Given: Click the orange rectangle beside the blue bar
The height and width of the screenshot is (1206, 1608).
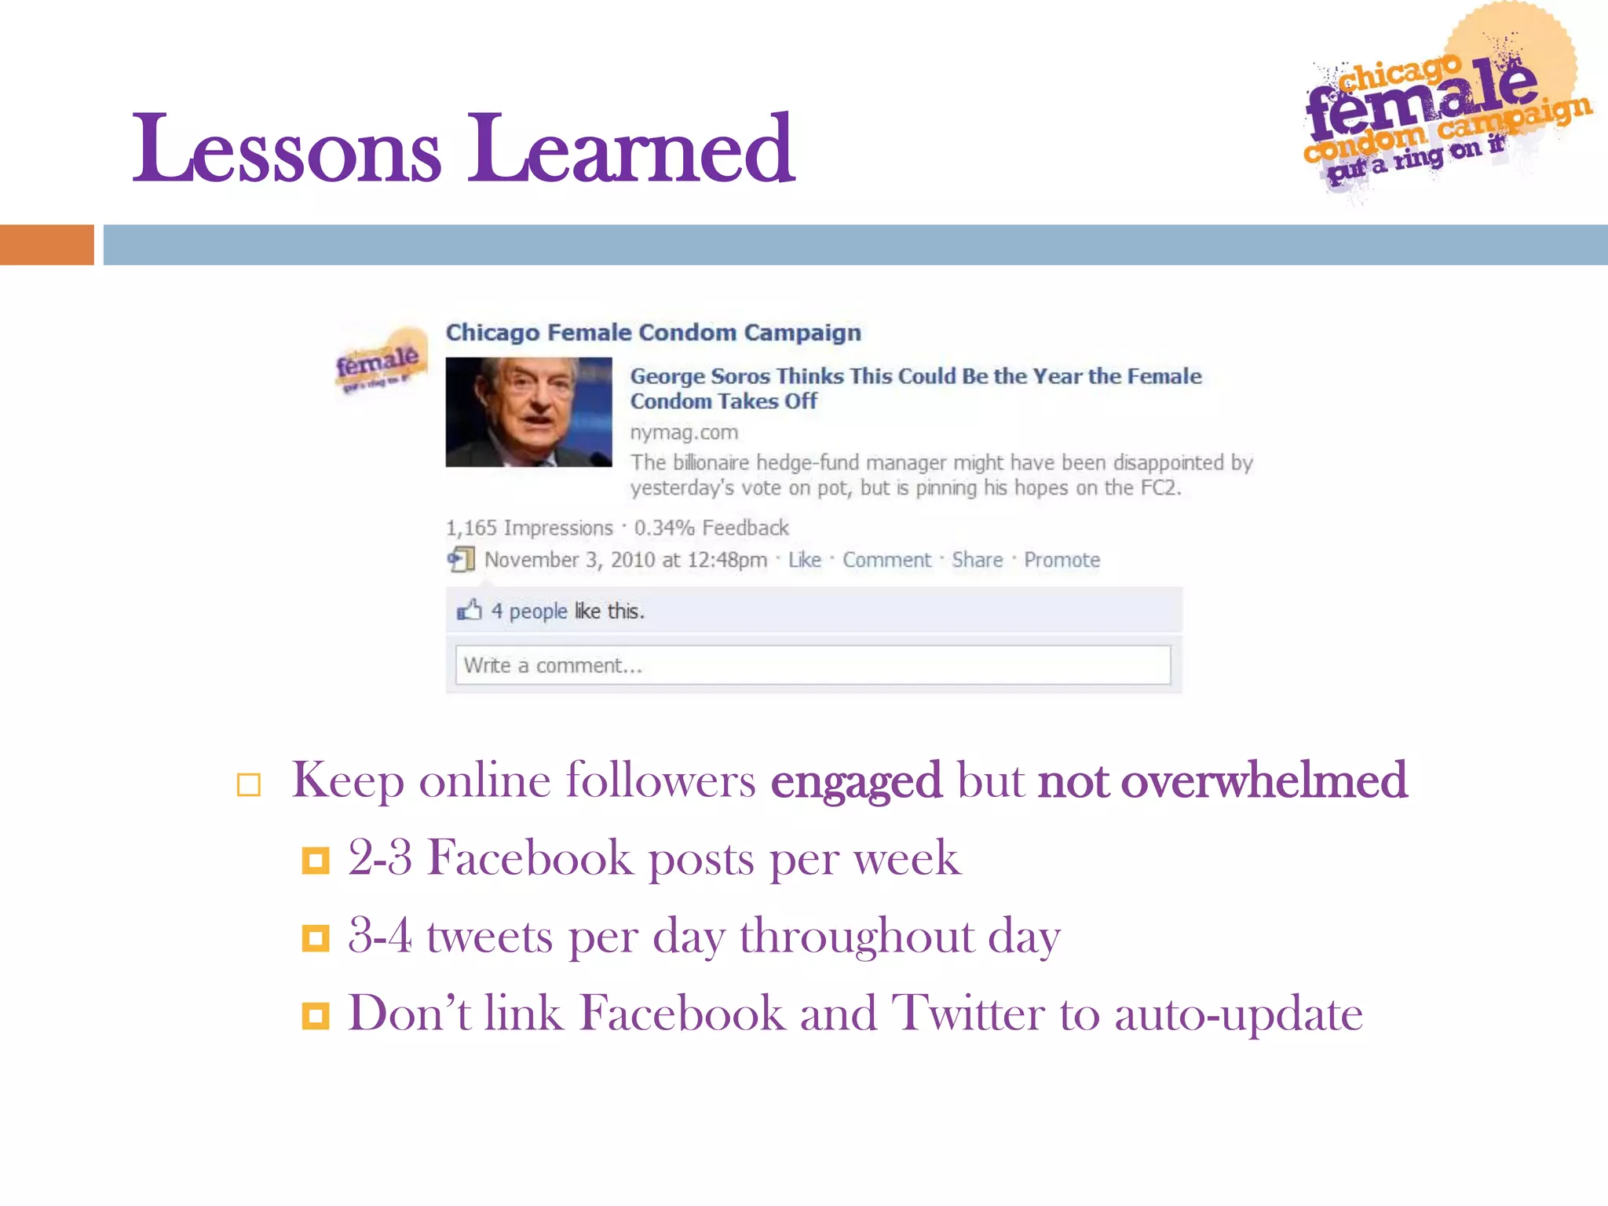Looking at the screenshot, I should [x=46, y=245].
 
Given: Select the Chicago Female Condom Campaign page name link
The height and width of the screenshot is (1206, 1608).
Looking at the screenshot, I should [x=652, y=333].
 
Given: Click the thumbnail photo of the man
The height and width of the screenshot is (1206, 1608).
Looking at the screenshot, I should [x=528, y=412].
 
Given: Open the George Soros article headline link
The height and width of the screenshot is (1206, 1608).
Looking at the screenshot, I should [x=915, y=388].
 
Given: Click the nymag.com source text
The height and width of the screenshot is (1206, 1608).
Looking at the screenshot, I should [x=684, y=433].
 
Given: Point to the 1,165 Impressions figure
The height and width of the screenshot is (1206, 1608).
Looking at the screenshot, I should [x=528, y=528].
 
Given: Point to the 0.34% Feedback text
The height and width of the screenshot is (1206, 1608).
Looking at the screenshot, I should [x=711, y=528].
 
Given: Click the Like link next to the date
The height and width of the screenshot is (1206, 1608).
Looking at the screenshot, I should [x=804, y=560].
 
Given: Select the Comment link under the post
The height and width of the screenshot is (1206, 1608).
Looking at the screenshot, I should [x=886, y=560].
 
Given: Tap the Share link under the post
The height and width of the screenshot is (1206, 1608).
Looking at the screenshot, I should [x=977, y=560].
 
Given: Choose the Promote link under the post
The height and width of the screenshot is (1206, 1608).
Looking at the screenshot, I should [x=1062, y=560].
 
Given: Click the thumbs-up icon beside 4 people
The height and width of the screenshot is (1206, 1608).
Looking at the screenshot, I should [x=469, y=610].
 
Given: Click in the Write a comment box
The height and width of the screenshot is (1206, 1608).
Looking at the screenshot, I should [x=813, y=665].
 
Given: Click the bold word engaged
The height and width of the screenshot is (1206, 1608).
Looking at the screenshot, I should [x=856, y=781].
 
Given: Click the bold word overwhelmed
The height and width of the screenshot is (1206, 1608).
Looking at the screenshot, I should [x=1264, y=781].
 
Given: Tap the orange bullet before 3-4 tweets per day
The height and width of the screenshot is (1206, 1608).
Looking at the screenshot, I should [x=316, y=937].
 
